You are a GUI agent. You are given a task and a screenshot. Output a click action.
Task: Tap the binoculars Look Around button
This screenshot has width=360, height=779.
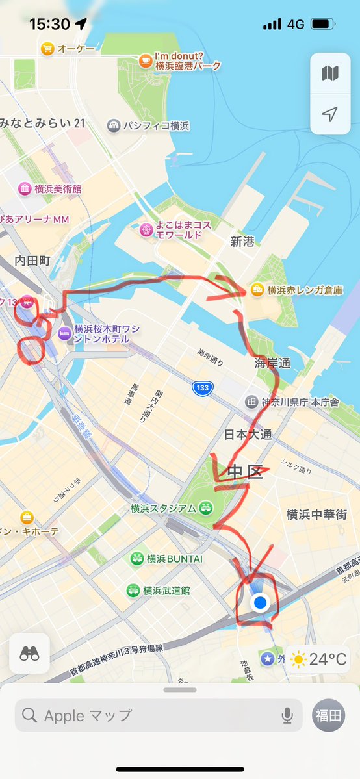(29, 653)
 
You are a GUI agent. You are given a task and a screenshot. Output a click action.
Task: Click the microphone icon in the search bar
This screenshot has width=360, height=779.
(287, 715)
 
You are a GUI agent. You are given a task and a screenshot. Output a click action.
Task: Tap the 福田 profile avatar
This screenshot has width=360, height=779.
(329, 715)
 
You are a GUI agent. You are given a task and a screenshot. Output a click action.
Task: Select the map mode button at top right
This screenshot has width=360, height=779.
(330, 73)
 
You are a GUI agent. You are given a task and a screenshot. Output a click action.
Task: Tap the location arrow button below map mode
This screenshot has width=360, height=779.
(330, 114)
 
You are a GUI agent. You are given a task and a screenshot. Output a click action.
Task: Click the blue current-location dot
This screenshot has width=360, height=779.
(261, 603)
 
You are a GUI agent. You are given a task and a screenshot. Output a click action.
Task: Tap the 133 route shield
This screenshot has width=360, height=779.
(203, 388)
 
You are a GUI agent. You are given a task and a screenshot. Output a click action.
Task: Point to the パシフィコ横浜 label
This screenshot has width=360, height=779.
(156, 125)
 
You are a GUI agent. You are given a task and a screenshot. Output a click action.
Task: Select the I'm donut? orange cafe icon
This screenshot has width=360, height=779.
(145, 60)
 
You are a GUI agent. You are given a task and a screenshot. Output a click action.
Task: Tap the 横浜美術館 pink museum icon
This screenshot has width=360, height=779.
(25, 188)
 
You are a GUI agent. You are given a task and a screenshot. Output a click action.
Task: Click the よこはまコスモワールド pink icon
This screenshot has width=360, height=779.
(145, 229)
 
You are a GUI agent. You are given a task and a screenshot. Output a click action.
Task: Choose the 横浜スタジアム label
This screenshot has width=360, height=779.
(163, 507)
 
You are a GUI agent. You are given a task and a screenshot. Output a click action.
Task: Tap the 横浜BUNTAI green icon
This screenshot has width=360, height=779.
(136, 558)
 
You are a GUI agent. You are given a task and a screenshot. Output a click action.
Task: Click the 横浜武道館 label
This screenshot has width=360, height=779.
(166, 591)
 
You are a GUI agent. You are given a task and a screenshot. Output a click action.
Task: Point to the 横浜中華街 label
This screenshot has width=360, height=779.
(316, 515)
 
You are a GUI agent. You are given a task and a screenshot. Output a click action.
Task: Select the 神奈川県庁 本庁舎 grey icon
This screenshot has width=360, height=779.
(251, 402)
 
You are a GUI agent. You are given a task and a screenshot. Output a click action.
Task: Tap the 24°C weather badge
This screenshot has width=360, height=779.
(320, 659)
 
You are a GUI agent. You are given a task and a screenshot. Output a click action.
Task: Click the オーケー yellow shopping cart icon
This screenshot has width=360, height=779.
(47, 48)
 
